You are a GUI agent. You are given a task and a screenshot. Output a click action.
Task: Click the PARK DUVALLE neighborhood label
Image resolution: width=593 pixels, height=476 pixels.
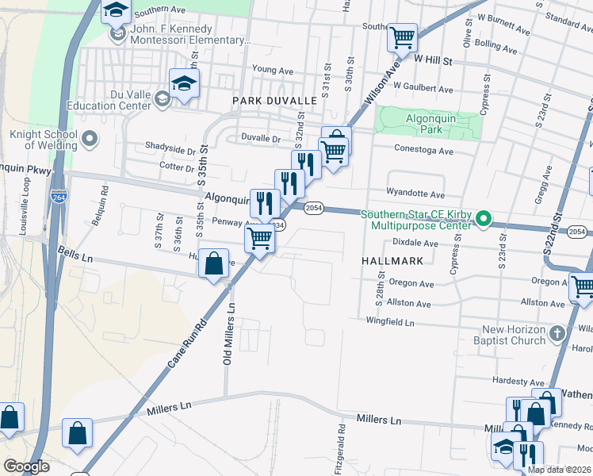(x=274, y=101)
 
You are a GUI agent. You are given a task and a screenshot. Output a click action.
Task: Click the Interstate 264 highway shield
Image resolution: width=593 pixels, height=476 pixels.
(x=58, y=196)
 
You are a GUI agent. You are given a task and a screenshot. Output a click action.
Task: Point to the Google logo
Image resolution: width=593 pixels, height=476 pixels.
(x=26, y=466)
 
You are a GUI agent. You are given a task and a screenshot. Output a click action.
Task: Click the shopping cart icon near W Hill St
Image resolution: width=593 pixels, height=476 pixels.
(x=403, y=36)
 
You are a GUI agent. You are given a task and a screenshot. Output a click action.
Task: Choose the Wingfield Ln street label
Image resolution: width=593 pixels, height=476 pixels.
(x=390, y=322)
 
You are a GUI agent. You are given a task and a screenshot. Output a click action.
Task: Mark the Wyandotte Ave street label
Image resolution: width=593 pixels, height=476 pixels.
(x=415, y=193)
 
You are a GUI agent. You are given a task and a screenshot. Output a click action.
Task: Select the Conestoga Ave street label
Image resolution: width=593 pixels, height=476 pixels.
(x=424, y=150)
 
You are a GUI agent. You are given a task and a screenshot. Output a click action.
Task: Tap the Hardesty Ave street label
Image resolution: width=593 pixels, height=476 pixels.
(x=515, y=380)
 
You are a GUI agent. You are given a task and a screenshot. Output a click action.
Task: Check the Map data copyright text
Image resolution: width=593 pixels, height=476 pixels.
(x=558, y=469)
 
